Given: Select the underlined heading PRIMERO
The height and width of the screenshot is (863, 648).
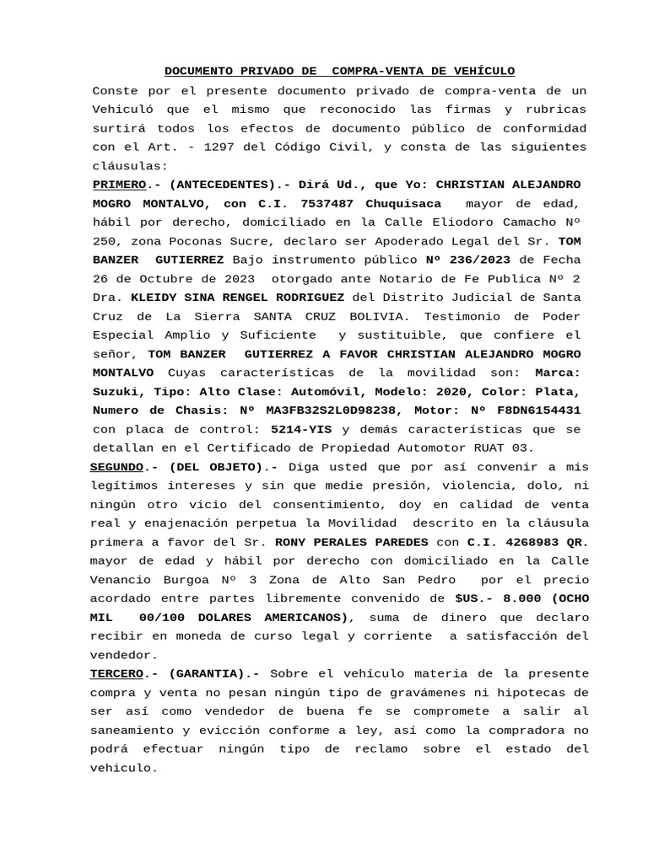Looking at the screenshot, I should [x=119, y=184].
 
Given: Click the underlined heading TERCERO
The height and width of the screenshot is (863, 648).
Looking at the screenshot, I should [x=116, y=673].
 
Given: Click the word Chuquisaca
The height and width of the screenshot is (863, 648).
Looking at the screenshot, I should [x=403, y=203].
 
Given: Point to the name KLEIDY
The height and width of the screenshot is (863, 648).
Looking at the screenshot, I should [x=157, y=297].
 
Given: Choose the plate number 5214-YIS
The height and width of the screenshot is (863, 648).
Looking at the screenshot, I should [x=302, y=429].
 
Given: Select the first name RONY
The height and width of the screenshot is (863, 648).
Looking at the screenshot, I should [x=294, y=543].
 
